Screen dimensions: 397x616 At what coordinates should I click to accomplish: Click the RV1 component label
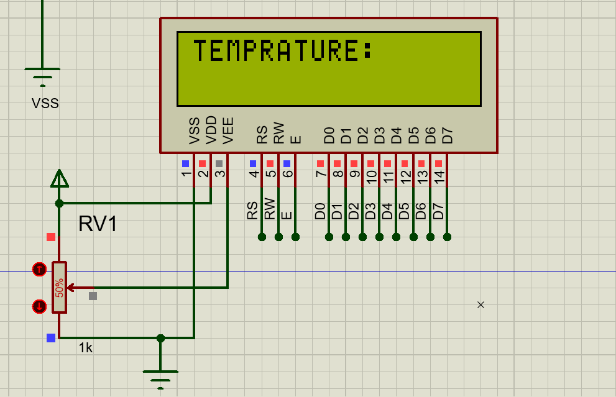click(98, 224)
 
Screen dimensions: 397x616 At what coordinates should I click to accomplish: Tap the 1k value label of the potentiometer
click(86, 348)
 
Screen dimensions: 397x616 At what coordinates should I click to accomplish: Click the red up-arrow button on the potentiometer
click(39, 269)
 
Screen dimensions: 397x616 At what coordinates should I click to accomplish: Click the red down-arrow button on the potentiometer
click(39, 306)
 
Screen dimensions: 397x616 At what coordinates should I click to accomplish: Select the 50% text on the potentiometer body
click(60, 288)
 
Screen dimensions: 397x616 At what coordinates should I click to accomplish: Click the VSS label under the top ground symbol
click(45, 104)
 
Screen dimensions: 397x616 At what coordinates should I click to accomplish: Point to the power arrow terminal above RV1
click(59, 179)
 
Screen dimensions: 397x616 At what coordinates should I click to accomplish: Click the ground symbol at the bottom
click(160, 375)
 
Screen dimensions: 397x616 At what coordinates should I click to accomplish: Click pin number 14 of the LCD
click(439, 176)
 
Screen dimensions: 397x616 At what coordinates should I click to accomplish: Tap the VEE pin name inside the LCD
click(228, 130)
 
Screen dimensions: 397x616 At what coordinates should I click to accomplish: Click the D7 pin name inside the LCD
click(446, 135)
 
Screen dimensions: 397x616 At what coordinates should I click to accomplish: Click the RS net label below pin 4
click(252, 210)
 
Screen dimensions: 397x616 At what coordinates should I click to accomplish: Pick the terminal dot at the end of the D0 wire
click(329, 237)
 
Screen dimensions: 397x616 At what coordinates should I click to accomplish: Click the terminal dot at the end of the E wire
click(295, 237)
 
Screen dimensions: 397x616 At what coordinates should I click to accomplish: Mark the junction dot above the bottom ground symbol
click(160, 338)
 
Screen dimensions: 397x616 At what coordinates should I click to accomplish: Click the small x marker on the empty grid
click(480, 304)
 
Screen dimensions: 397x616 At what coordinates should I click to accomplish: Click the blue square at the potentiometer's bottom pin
click(51, 338)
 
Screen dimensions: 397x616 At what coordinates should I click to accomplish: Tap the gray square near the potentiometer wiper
click(93, 296)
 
